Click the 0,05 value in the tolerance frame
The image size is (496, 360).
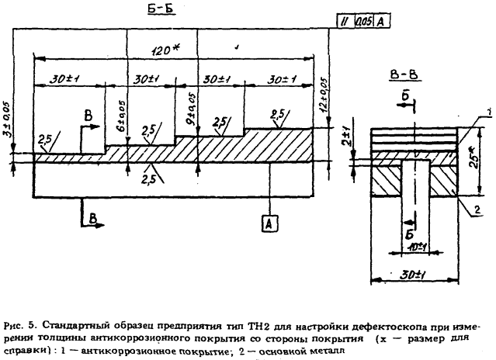pos(362,21)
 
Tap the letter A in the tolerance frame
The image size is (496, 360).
pos(380,21)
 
